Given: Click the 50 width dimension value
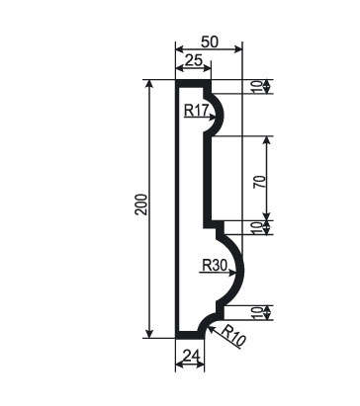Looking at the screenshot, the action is point(210,41).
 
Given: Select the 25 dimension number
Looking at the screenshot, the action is point(193,60).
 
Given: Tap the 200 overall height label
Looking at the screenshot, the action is point(141,204).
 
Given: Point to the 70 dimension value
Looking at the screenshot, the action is point(259,182).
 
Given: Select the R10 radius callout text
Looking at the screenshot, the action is point(233,336).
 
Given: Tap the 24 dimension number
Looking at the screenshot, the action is point(191,356).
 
